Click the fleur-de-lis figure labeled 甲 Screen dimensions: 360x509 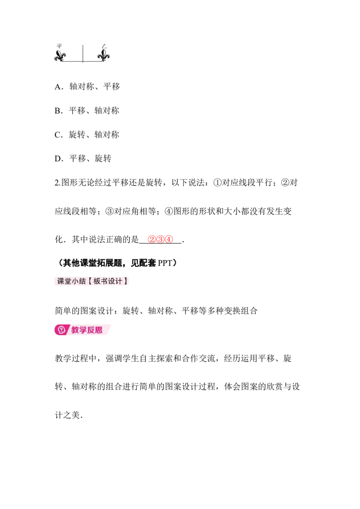(60, 56)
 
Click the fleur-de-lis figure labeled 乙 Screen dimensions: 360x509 (103, 55)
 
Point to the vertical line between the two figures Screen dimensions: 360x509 (83, 54)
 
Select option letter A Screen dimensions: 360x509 (58, 87)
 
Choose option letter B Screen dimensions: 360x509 (58, 111)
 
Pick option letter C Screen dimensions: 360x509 (58, 135)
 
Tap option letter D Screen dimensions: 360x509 (58, 159)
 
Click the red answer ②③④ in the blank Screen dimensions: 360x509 (161, 240)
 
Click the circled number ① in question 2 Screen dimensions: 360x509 (217, 183)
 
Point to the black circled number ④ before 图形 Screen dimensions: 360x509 (169, 211)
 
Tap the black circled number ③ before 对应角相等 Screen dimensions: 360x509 (109, 211)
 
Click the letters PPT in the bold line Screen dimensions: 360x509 (165, 263)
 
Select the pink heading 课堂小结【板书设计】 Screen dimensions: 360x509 (92, 281)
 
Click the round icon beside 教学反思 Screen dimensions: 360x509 (61, 330)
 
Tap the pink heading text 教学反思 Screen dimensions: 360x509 (87, 330)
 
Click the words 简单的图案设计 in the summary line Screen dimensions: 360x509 (84, 311)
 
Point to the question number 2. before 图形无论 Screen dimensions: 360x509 (58, 183)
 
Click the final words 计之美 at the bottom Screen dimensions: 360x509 (67, 415)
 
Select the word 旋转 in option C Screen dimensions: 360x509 (77, 135)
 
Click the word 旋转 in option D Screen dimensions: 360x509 (103, 158)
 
